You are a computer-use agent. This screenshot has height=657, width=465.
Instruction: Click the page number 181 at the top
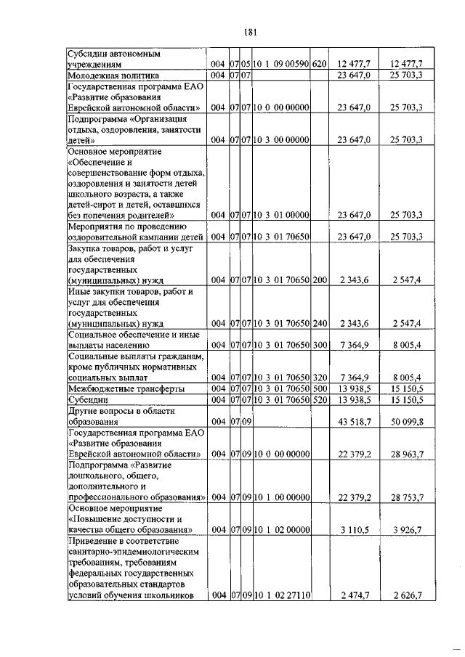tap(252, 32)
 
